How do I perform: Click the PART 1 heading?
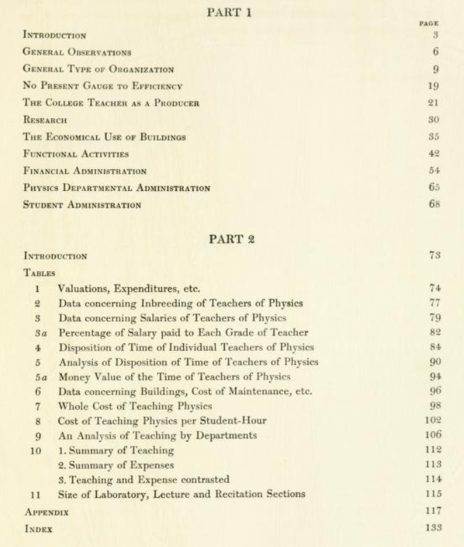[x=232, y=13]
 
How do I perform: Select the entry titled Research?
[x=45, y=120]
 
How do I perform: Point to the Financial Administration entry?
[x=85, y=171]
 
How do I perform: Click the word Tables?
[x=39, y=273]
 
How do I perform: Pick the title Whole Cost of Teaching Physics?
[x=135, y=406]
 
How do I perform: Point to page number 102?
[x=433, y=421]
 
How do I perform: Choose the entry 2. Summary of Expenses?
[x=116, y=465]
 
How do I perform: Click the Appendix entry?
[x=46, y=513]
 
